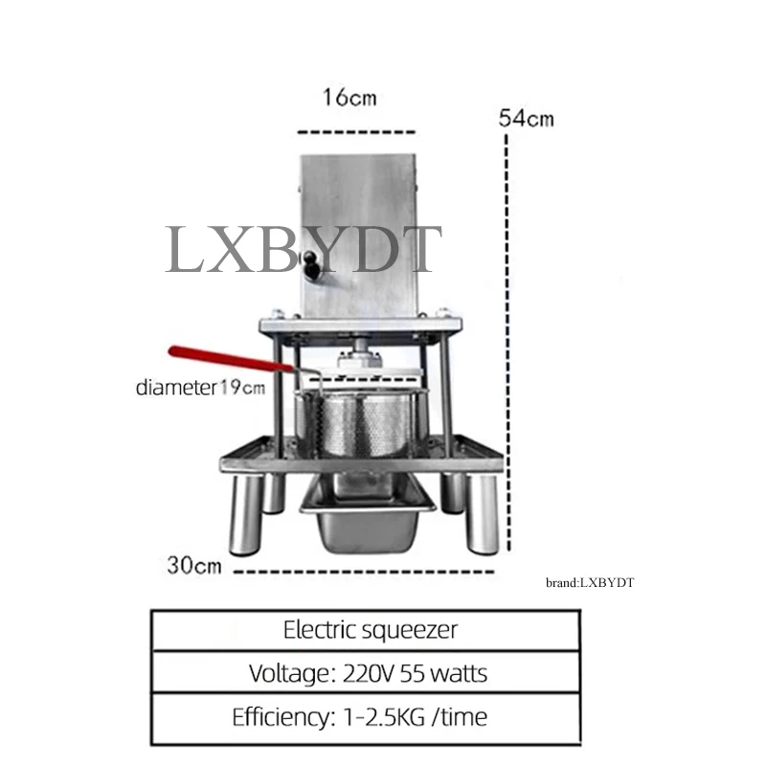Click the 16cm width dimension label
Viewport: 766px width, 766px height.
[349, 98]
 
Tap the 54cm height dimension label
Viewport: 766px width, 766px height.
[527, 118]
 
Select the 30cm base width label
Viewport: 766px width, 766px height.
[194, 565]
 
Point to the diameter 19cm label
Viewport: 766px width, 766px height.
[200, 388]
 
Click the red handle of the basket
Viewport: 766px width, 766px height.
[230, 358]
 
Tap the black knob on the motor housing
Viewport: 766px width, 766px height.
[310, 262]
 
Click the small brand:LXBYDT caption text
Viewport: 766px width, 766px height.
[590, 582]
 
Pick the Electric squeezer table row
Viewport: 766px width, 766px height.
[366, 630]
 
